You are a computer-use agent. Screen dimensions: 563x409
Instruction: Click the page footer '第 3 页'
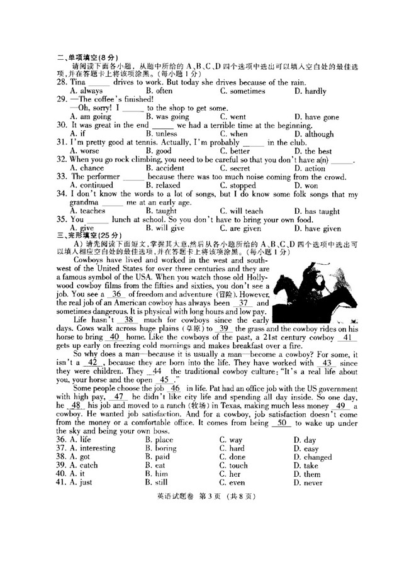[204, 498]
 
